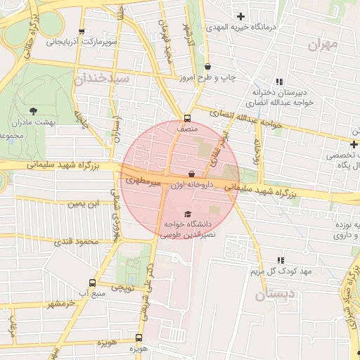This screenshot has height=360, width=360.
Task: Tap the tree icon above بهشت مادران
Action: [x=34, y=110]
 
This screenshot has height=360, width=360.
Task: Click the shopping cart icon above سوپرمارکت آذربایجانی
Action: [x=83, y=32]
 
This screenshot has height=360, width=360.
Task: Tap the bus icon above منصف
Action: [x=187, y=118]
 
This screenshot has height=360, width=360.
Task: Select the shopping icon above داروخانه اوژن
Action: [x=191, y=173]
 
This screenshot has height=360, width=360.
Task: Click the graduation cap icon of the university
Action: [x=188, y=213]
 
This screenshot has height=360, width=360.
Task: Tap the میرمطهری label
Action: [x=143, y=181]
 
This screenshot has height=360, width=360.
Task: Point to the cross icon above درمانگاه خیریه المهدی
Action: [x=241, y=15]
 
